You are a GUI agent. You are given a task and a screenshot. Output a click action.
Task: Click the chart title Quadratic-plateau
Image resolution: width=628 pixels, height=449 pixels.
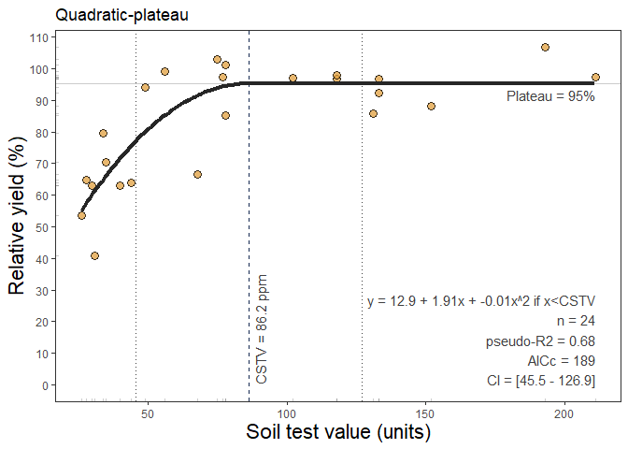[121, 15]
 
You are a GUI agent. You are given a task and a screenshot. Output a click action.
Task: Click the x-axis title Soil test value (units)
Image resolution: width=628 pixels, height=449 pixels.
[337, 433]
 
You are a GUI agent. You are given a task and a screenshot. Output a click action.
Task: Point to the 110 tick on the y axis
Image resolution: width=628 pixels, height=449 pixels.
[43, 37]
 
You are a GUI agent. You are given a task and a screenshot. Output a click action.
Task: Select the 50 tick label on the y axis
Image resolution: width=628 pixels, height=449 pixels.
[43, 227]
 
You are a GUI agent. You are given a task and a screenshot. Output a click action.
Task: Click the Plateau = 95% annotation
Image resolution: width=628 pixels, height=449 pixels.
[550, 96]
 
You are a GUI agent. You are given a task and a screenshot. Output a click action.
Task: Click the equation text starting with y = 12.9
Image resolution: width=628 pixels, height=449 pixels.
[480, 302]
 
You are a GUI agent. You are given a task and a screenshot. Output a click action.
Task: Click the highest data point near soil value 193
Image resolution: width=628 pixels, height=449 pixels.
[545, 48]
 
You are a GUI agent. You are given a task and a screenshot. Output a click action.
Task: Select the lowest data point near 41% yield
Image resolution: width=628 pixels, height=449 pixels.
[94, 255]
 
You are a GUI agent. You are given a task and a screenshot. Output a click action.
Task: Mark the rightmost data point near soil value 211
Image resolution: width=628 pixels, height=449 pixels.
[595, 78]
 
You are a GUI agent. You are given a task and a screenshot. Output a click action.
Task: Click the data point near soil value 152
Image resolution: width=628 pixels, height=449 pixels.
[431, 107]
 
